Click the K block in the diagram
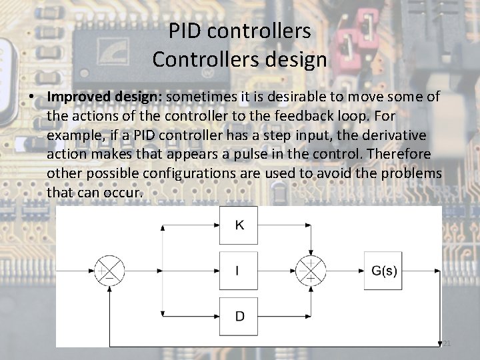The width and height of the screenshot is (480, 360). click(x=240, y=225)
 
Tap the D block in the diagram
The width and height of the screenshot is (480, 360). click(x=240, y=315)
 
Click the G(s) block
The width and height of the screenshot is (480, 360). click(x=383, y=271)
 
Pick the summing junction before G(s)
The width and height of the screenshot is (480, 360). click(x=311, y=271)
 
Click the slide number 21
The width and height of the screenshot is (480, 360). click(x=447, y=343)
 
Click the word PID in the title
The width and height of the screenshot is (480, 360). click(x=187, y=31)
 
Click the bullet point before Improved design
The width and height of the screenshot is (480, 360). click(x=32, y=97)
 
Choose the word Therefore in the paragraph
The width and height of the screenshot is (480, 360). click(x=397, y=155)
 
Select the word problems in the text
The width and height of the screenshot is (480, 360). click(x=409, y=174)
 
